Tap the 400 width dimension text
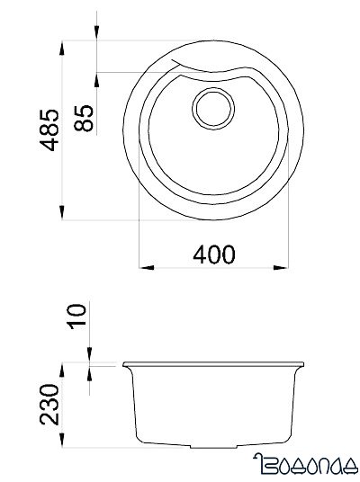point(213,254)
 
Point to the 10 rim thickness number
point(76,317)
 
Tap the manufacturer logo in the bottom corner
point(305,465)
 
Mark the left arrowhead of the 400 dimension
point(144,266)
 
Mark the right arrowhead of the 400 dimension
point(285,266)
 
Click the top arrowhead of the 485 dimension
point(62,45)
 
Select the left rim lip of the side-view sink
point(126,365)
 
